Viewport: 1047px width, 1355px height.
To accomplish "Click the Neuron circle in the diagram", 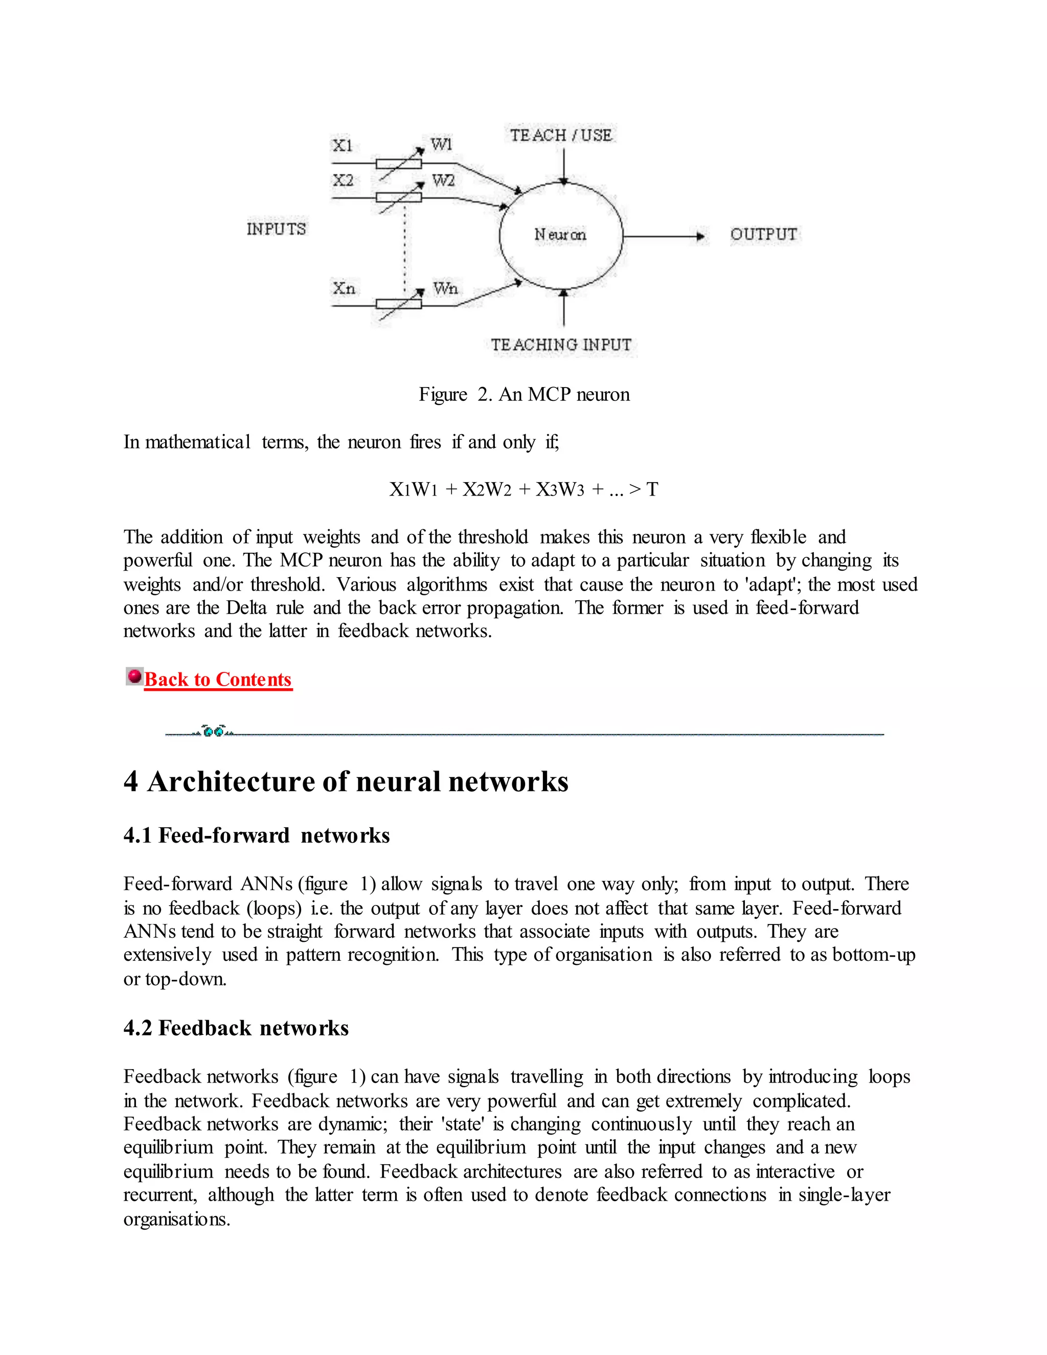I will pos(560,235).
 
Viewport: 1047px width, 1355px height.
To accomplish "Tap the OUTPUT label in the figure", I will pos(764,235).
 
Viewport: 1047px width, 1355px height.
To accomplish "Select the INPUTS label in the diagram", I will pos(276,229).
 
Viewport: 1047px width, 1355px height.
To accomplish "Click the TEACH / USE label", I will pos(561,135).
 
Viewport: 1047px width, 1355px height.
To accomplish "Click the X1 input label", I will pos(343,145).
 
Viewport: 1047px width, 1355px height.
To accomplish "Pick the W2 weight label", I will pos(443,180).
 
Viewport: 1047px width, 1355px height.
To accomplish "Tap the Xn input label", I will pos(344,288).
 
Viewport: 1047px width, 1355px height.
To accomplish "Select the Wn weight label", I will pos(445,288).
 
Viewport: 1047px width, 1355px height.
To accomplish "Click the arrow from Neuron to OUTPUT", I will pos(664,236).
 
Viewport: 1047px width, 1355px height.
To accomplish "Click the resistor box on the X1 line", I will pos(398,164).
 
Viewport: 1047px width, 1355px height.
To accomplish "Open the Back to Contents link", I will pos(218,680).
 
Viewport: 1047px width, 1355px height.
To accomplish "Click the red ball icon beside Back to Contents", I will pos(134,675).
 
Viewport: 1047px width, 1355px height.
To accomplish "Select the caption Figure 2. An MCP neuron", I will pos(523,395).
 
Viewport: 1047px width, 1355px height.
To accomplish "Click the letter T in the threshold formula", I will pos(651,489).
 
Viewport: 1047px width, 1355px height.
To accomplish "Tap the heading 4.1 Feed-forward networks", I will pos(256,835).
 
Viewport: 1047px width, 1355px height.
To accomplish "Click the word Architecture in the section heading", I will pos(231,782).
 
